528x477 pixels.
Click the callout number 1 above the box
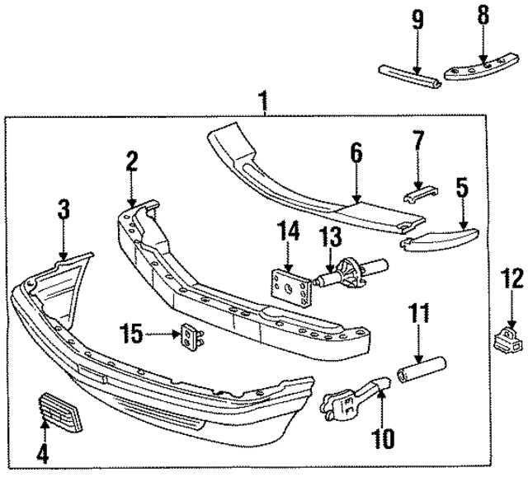(x=262, y=103)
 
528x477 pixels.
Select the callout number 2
(x=131, y=162)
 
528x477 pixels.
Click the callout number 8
(x=483, y=15)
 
